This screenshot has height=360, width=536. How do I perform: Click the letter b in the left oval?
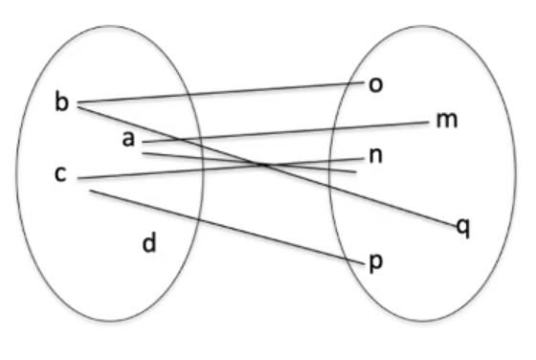61,101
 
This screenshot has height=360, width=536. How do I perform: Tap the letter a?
128,139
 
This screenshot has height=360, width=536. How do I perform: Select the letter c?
60,173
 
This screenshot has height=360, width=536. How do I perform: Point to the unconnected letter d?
149,242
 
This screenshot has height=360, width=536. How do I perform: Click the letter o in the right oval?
375,84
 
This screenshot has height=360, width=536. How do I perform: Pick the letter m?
447,121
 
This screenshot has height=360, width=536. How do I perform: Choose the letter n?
375,156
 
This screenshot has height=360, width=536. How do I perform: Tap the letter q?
463,228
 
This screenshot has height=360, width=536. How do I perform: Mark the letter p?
376,263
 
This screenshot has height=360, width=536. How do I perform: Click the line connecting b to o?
221,92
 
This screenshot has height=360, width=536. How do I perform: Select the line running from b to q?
267,167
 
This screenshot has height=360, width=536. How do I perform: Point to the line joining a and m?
285,131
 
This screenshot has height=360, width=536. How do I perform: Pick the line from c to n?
221,169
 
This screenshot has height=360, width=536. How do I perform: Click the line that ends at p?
228,227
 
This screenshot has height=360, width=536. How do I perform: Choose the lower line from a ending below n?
250,163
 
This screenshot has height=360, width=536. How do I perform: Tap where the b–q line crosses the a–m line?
179,139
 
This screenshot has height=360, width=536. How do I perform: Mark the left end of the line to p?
90,191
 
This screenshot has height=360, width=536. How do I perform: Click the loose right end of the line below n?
356,172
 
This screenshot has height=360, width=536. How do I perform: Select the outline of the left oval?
16,173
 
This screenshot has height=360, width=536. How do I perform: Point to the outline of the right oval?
516,173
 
